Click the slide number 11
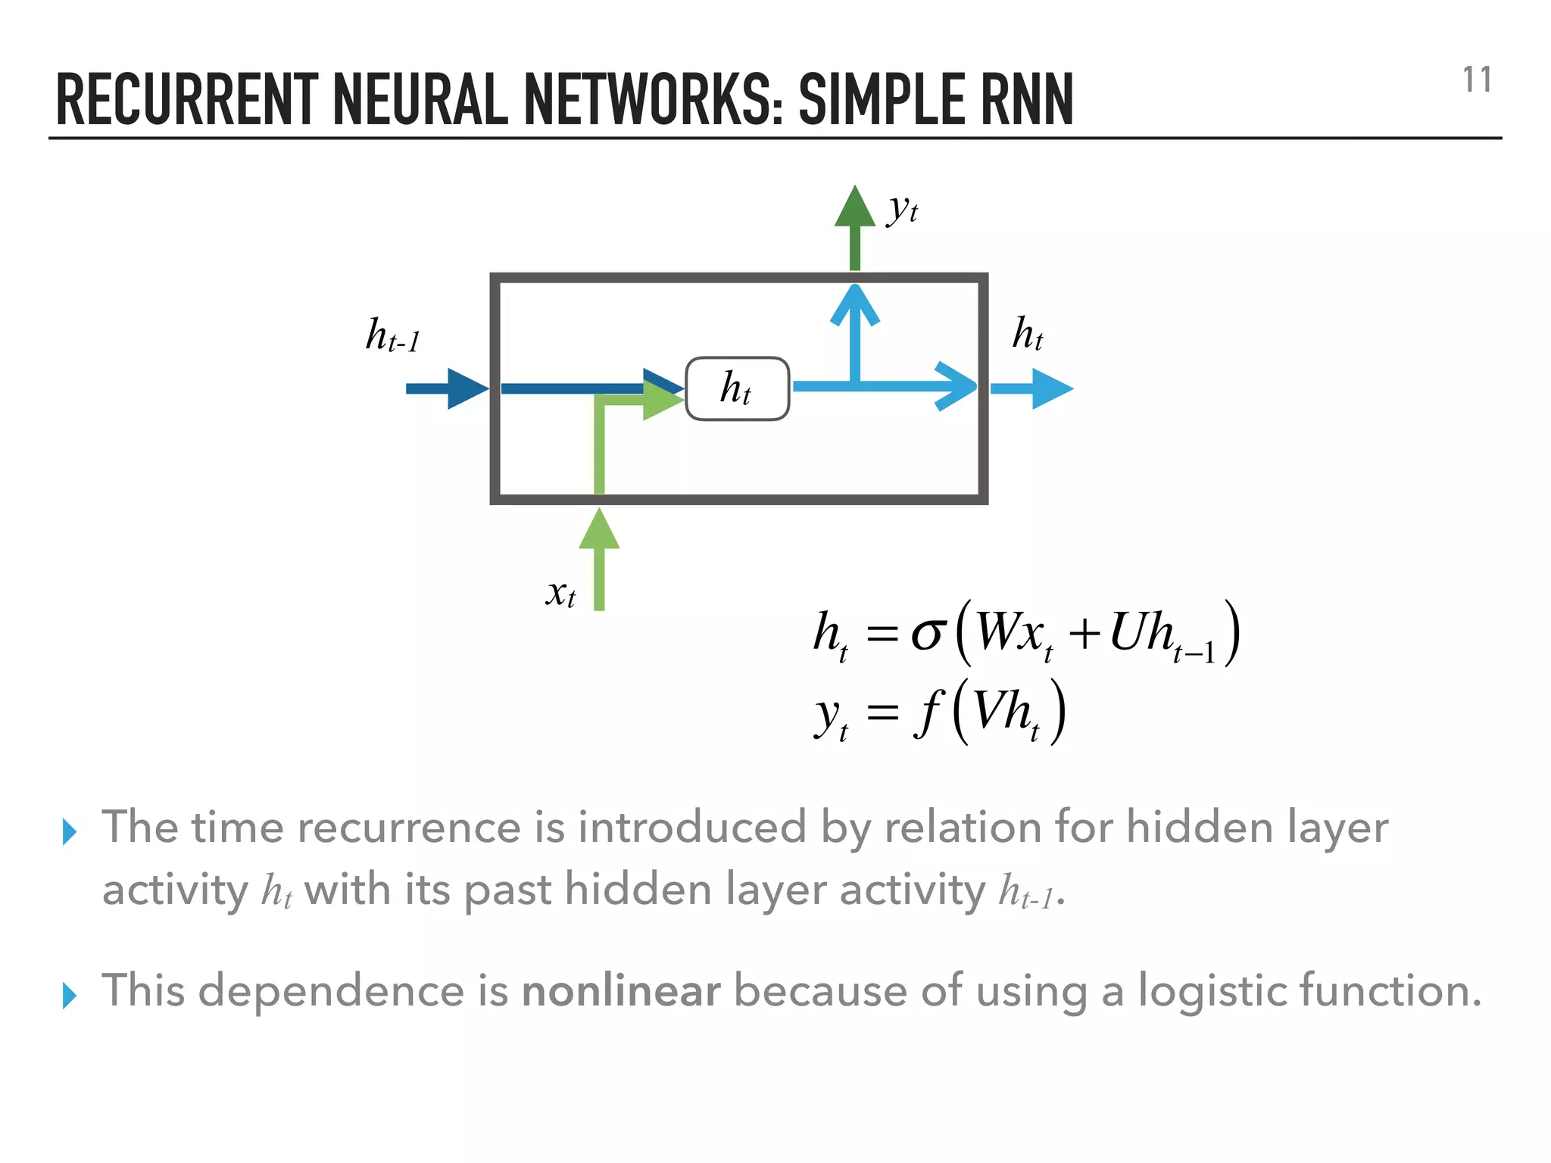(x=1476, y=80)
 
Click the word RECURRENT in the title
(x=187, y=100)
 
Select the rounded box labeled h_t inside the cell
(x=737, y=388)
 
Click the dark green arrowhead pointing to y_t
(x=854, y=208)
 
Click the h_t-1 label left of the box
(x=392, y=335)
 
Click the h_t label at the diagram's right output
(x=1028, y=333)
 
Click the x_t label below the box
(x=560, y=592)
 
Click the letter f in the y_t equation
(x=929, y=712)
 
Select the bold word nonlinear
(x=621, y=990)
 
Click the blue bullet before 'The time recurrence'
(x=70, y=832)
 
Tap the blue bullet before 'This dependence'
(x=70, y=996)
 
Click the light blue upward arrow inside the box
(x=854, y=326)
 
